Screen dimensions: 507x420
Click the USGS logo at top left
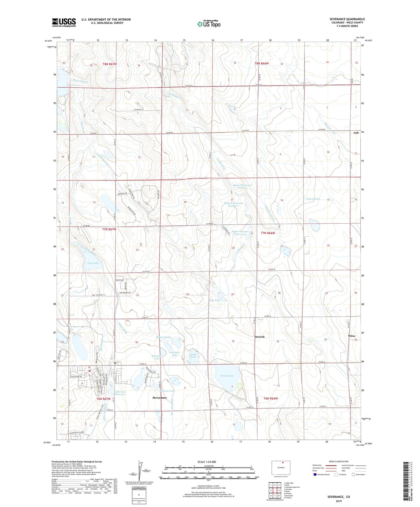64,22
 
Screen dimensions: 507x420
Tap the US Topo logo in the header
209,24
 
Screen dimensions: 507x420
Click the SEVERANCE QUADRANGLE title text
347,19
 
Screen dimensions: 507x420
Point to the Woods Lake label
227,376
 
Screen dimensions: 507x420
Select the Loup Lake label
93,263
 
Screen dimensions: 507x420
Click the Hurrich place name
260,337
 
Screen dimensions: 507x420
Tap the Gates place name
351,336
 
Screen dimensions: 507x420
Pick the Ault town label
356,133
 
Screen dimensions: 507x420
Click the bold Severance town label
160,398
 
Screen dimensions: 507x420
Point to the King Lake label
215,300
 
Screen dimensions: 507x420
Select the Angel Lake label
193,355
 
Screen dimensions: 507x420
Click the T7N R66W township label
268,233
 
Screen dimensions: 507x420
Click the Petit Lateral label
313,199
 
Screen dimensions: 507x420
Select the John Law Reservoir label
120,393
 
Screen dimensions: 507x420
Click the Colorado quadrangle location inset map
281,468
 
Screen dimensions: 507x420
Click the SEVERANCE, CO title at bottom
339,497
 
